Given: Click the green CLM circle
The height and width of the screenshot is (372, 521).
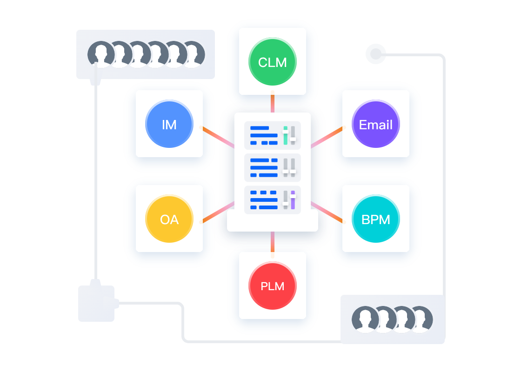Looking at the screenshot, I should pos(273,61).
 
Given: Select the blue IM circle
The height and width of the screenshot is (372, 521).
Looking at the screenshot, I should pos(169,124).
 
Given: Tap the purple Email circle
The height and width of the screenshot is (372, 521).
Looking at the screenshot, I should pos(376,124).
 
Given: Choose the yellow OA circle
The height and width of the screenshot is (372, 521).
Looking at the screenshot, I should pos(169,219).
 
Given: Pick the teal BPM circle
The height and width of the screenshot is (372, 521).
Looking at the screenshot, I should pos(376,219).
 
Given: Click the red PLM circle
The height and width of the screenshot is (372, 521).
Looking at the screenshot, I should pos(273,286).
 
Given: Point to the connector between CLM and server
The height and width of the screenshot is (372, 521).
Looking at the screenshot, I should pos(273,103).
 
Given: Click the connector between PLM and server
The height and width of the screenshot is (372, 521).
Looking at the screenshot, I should pos(273,244).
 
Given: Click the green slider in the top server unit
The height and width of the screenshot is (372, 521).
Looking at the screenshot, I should pos(286,135).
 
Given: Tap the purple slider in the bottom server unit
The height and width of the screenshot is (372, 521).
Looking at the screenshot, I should pos(293,199).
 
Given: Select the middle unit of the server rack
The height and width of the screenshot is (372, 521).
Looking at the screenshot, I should pos(272,167).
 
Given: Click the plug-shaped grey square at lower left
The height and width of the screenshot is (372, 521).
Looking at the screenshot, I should pos(96,303).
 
